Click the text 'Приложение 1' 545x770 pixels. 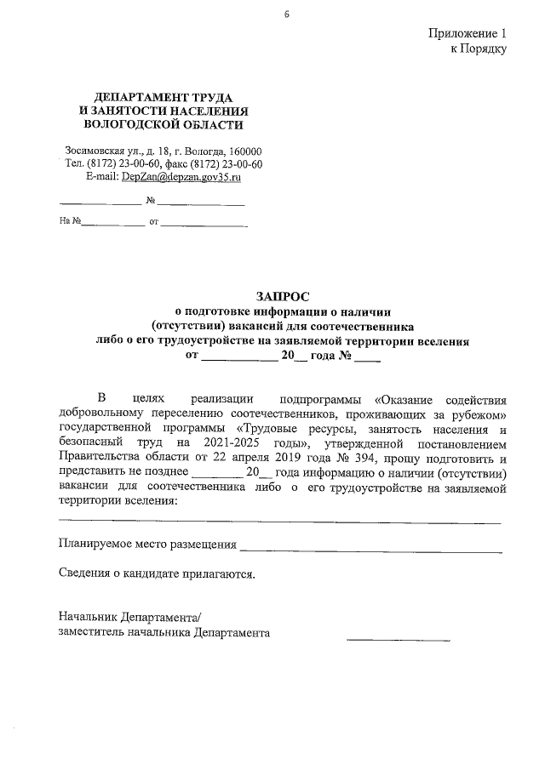[x=467, y=33]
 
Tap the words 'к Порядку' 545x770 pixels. [x=479, y=48]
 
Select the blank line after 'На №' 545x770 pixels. [x=112, y=226]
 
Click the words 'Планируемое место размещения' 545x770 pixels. [x=146, y=544]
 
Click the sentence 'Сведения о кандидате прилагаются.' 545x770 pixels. [x=157, y=573]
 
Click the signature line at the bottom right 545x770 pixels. [x=398, y=638]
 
